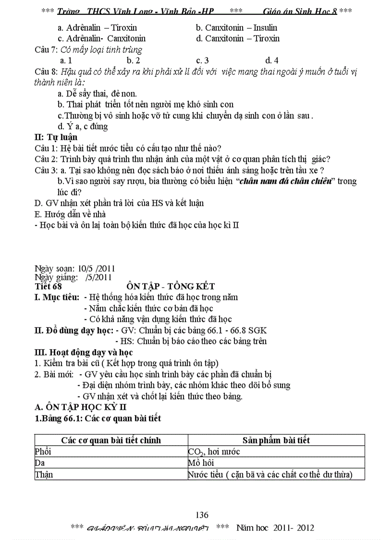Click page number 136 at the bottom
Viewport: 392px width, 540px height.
point(202,515)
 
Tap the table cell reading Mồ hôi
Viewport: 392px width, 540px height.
point(201,463)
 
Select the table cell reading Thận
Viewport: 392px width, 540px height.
point(44,475)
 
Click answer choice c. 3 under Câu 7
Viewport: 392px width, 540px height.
point(202,61)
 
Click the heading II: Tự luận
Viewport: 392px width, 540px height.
point(56,137)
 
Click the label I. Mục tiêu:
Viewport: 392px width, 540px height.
point(57,298)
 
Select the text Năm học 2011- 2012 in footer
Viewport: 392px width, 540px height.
point(275,528)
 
